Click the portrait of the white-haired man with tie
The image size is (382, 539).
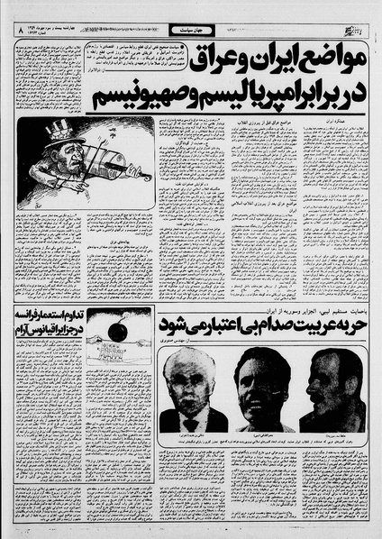194,388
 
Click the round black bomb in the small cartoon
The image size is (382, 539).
117,334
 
